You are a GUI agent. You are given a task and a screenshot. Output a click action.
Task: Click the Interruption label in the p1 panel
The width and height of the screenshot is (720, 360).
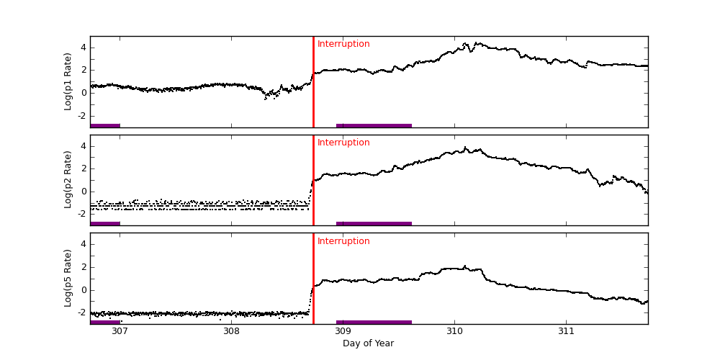coord(343,44)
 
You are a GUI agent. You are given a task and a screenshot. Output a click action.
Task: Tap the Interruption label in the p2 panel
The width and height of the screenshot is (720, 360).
coord(343,143)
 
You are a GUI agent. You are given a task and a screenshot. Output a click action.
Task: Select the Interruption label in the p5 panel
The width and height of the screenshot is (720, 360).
coord(343,241)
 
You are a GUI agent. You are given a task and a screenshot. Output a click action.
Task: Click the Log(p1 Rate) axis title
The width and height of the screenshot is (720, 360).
coord(68,81)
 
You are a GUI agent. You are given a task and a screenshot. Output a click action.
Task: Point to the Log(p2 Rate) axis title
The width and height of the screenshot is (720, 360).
coord(68,180)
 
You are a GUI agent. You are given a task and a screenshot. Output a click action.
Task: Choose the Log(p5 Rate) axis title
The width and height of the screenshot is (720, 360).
coord(68,278)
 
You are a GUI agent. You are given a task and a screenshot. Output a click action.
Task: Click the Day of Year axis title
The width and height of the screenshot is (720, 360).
coord(368,343)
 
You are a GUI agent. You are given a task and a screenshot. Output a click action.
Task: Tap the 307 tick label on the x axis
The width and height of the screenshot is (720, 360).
coord(120,331)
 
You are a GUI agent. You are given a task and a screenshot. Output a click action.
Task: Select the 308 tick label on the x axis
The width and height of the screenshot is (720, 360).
coord(231,331)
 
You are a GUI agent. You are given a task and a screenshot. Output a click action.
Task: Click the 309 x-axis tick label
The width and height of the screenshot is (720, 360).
coord(343,331)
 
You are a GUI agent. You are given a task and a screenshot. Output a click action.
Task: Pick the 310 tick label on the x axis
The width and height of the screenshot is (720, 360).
coord(454,331)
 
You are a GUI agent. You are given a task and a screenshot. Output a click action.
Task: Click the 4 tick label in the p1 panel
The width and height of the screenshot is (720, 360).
coord(83,48)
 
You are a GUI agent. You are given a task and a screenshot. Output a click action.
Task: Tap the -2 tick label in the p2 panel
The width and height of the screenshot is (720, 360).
coord(81,214)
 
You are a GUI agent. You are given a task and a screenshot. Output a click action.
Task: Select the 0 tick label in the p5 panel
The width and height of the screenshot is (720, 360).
coord(83,290)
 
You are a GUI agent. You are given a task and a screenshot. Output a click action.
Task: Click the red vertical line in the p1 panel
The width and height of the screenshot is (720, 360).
coord(313,86)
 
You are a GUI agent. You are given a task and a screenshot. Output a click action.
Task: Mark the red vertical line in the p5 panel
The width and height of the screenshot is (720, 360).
coord(313,281)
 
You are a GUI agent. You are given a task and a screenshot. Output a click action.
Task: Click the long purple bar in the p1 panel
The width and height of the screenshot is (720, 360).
coord(374,125)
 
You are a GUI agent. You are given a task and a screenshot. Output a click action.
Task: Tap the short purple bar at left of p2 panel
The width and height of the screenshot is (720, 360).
coord(105,224)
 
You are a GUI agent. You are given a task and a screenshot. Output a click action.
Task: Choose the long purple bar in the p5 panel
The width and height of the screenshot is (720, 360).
coord(374,322)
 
